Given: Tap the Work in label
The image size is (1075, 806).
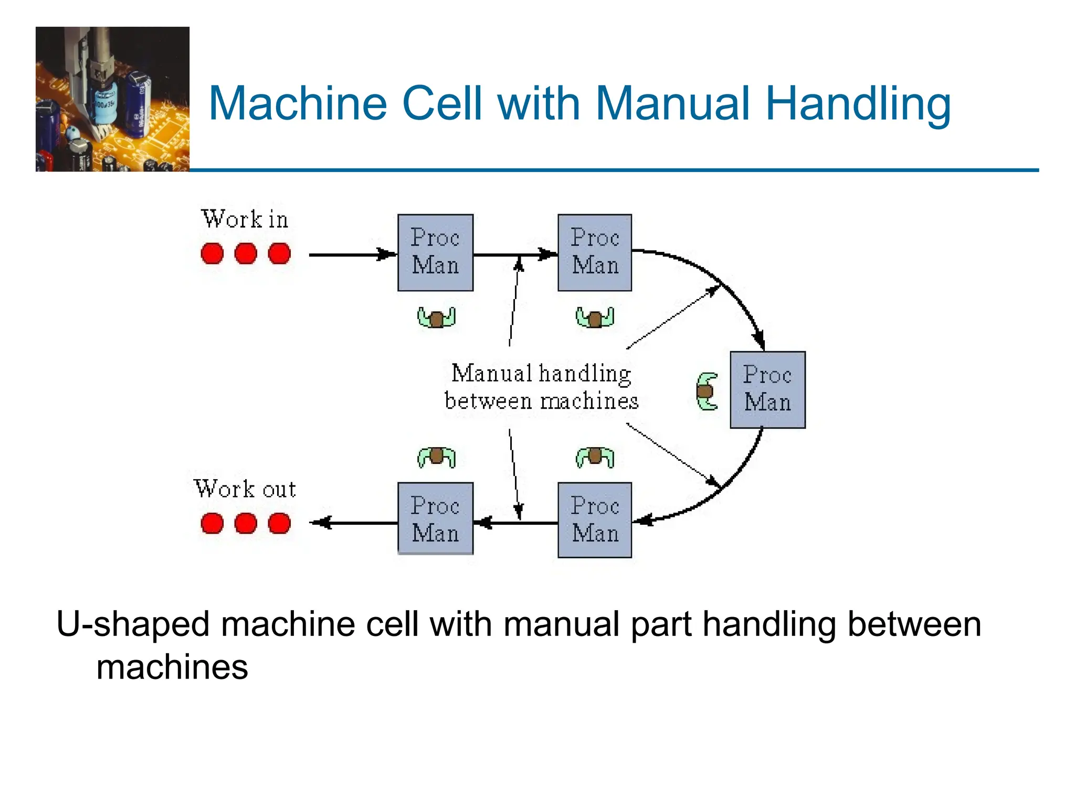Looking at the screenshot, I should point(245,219).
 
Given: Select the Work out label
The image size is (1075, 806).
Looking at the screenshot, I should point(245,489).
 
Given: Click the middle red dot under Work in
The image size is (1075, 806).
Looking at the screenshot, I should point(245,254).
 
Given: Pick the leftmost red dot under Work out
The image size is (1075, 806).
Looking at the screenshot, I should point(212,523).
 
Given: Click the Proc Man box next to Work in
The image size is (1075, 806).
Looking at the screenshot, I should point(435,252).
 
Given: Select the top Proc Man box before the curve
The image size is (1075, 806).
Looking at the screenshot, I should point(594,252).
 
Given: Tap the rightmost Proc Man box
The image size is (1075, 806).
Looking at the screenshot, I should point(767,390).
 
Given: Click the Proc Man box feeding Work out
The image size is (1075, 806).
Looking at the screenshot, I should point(435,519).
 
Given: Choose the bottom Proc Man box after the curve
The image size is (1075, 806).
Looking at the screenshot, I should point(594,520).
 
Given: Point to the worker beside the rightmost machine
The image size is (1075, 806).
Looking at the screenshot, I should point(707,391).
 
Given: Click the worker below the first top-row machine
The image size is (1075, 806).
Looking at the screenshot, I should point(436,317).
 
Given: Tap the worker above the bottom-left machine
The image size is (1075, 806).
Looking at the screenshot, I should point(436,457).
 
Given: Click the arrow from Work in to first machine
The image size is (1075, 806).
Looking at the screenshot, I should point(352,255).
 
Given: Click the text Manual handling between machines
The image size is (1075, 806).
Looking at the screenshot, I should point(541,387).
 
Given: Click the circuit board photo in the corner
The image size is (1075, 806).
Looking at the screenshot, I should point(112,99).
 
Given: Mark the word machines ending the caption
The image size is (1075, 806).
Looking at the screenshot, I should point(172,667).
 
